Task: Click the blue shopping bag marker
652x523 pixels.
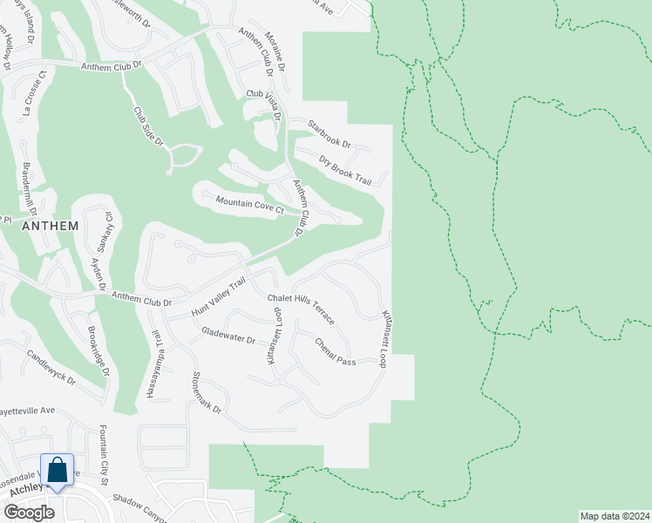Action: tap(58, 472)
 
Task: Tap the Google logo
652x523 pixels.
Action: tap(28, 513)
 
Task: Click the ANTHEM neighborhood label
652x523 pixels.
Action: tap(50, 225)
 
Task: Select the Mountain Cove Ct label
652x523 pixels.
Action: tap(250, 205)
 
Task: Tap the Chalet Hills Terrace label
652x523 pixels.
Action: tap(301, 308)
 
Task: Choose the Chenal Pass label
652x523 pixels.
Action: tap(335, 351)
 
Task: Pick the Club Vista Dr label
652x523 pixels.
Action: tap(265, 105)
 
